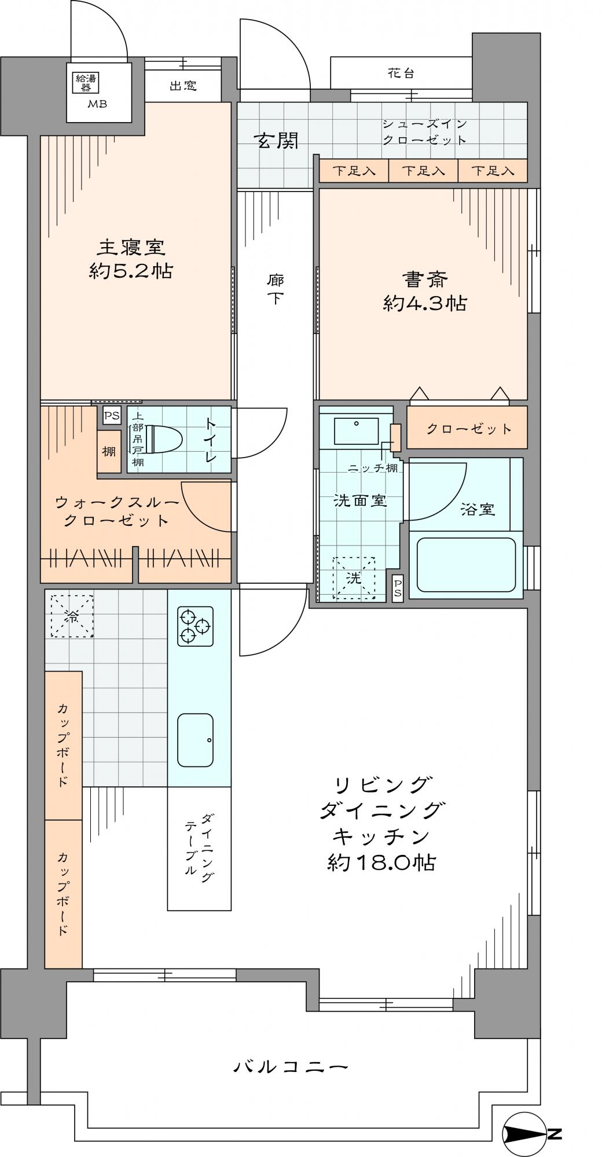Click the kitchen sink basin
(x=195, y=740)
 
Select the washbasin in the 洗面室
(x=356, y=431)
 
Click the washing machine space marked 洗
(x=353, y=577)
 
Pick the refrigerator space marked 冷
(x=72, y=616)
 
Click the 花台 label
(x=401, y=73)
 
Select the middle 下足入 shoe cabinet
(x=423, y=171)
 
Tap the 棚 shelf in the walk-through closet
(x=109, y=451)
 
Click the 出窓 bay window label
(x=183, y=86)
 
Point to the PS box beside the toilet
(x=112, y=415)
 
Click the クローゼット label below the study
(x=469, y=429)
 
